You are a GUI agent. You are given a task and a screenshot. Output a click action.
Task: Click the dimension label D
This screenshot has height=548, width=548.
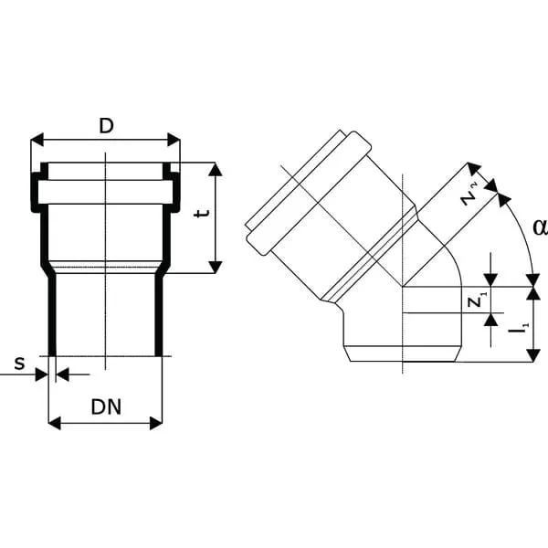point(106,126)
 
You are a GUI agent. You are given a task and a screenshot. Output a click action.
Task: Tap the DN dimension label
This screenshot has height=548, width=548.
point(106,406)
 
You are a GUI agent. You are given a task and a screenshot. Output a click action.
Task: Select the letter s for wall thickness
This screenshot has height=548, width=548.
point(19,364)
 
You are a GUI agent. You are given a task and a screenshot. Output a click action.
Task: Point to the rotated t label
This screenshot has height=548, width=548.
point(202,213)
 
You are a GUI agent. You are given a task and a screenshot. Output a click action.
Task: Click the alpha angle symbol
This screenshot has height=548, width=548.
point(541,227)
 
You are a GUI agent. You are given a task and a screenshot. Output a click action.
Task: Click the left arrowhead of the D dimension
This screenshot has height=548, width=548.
point(37,140)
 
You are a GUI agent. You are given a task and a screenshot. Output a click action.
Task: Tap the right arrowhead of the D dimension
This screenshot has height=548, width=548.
point(174,140)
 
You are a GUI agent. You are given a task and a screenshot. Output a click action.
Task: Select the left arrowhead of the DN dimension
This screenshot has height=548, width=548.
point(55,423)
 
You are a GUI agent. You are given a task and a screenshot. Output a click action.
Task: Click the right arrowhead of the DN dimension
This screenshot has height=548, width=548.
point(156,423)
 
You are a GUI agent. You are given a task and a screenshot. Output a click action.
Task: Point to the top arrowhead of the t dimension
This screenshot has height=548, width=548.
point(216,169)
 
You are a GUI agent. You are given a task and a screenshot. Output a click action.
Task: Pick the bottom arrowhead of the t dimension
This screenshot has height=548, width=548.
point(216,267)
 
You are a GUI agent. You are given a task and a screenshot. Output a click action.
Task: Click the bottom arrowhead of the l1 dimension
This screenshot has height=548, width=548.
point(533,355)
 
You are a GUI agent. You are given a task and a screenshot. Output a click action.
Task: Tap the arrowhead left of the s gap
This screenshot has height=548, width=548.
point(42,374)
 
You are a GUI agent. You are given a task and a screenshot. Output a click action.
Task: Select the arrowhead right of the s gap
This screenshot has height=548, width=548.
point(62,374)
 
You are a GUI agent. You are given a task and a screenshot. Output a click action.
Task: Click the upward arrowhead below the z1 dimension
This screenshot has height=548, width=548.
point(491,320)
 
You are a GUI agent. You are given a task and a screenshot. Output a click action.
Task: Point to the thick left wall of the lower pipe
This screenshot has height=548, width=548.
point(52,314)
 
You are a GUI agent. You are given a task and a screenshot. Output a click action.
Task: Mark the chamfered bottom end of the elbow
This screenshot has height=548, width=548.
point(402,353)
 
